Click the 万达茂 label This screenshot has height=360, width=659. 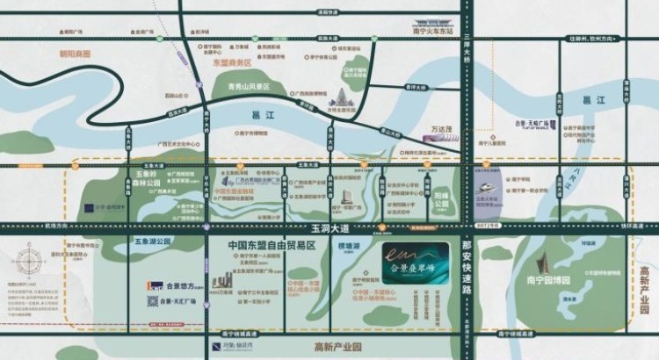click(446, 131)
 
